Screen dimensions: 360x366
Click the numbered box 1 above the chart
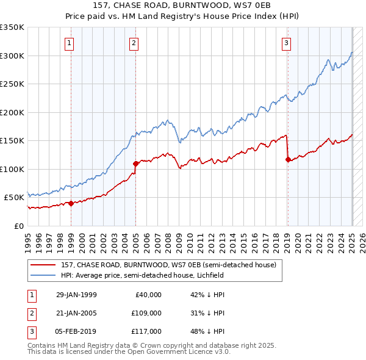pos(70,43)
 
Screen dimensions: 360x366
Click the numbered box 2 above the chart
pos(134,43)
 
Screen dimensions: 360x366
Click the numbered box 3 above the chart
pos(286,43)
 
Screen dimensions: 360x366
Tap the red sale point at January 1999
pos(71,204)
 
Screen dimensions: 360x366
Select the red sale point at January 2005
pos(135,164)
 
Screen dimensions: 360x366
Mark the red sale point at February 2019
pos(288,159)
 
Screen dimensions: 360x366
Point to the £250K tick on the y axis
pos(12,84)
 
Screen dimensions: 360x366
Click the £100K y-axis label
pos(12,169)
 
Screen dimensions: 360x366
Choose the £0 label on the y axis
pos(18,226)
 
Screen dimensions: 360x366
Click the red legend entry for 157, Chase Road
pos(168,265)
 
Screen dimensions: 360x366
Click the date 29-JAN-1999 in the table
pos(76,295)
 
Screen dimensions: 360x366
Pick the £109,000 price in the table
pos(147,313)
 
